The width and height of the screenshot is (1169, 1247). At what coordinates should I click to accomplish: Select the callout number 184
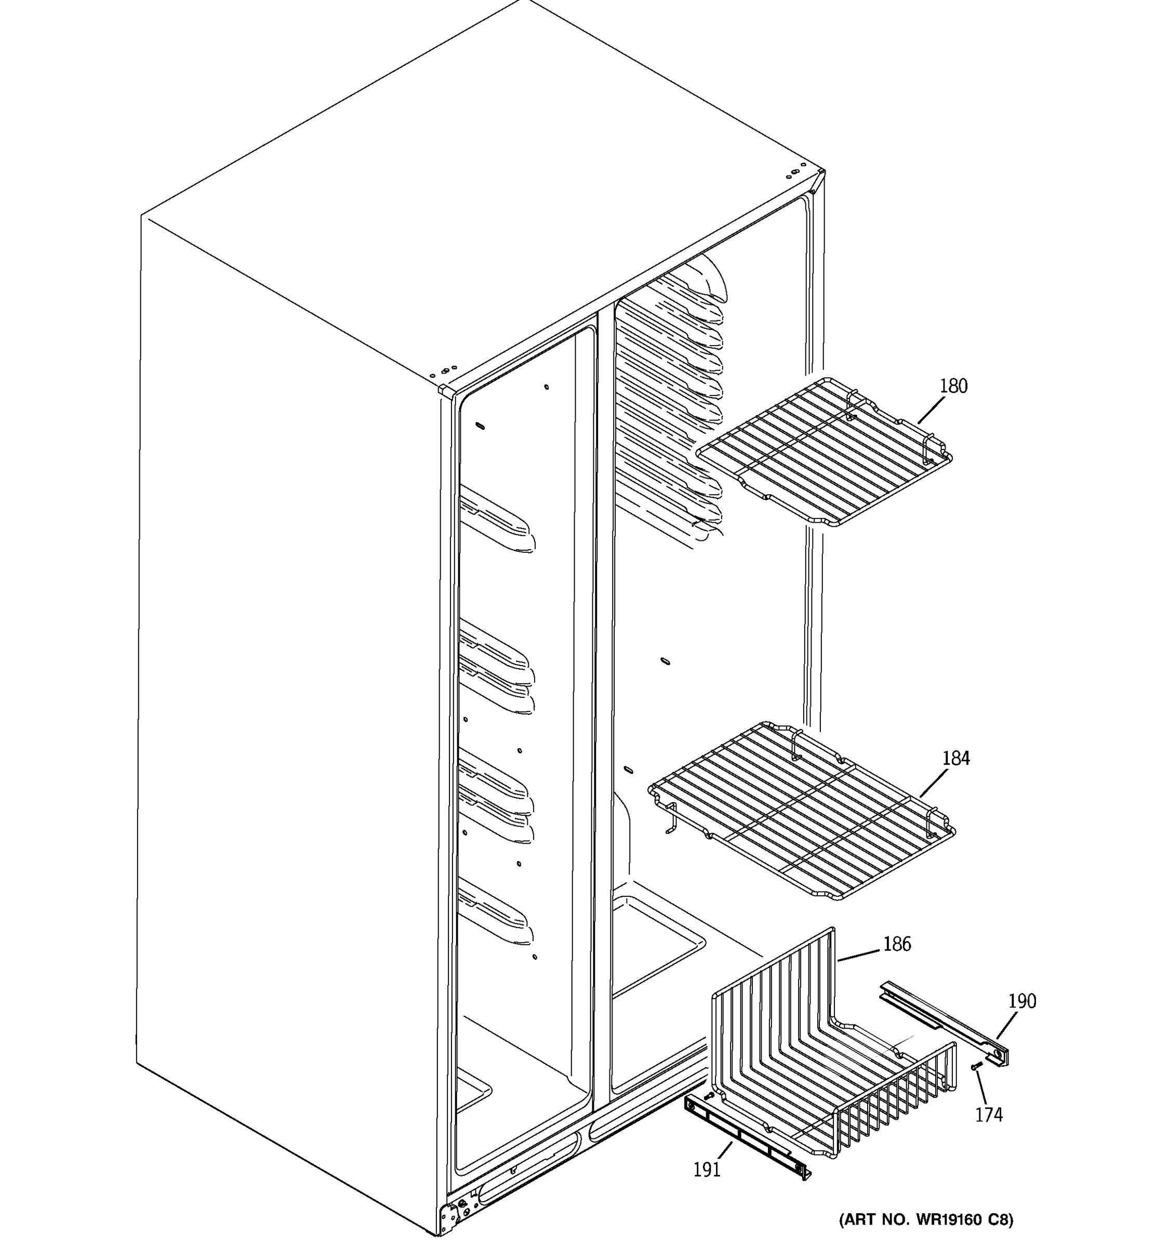[x=956, y=759]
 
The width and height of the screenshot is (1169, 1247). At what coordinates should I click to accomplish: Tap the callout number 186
[x=897, y=944]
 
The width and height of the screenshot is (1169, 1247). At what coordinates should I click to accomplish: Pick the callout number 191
[x=707, y=1169]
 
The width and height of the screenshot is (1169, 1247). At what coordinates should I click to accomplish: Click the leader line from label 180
[x=932, y=411]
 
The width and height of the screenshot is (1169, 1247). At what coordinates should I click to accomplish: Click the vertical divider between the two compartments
[x=603, y=690]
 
